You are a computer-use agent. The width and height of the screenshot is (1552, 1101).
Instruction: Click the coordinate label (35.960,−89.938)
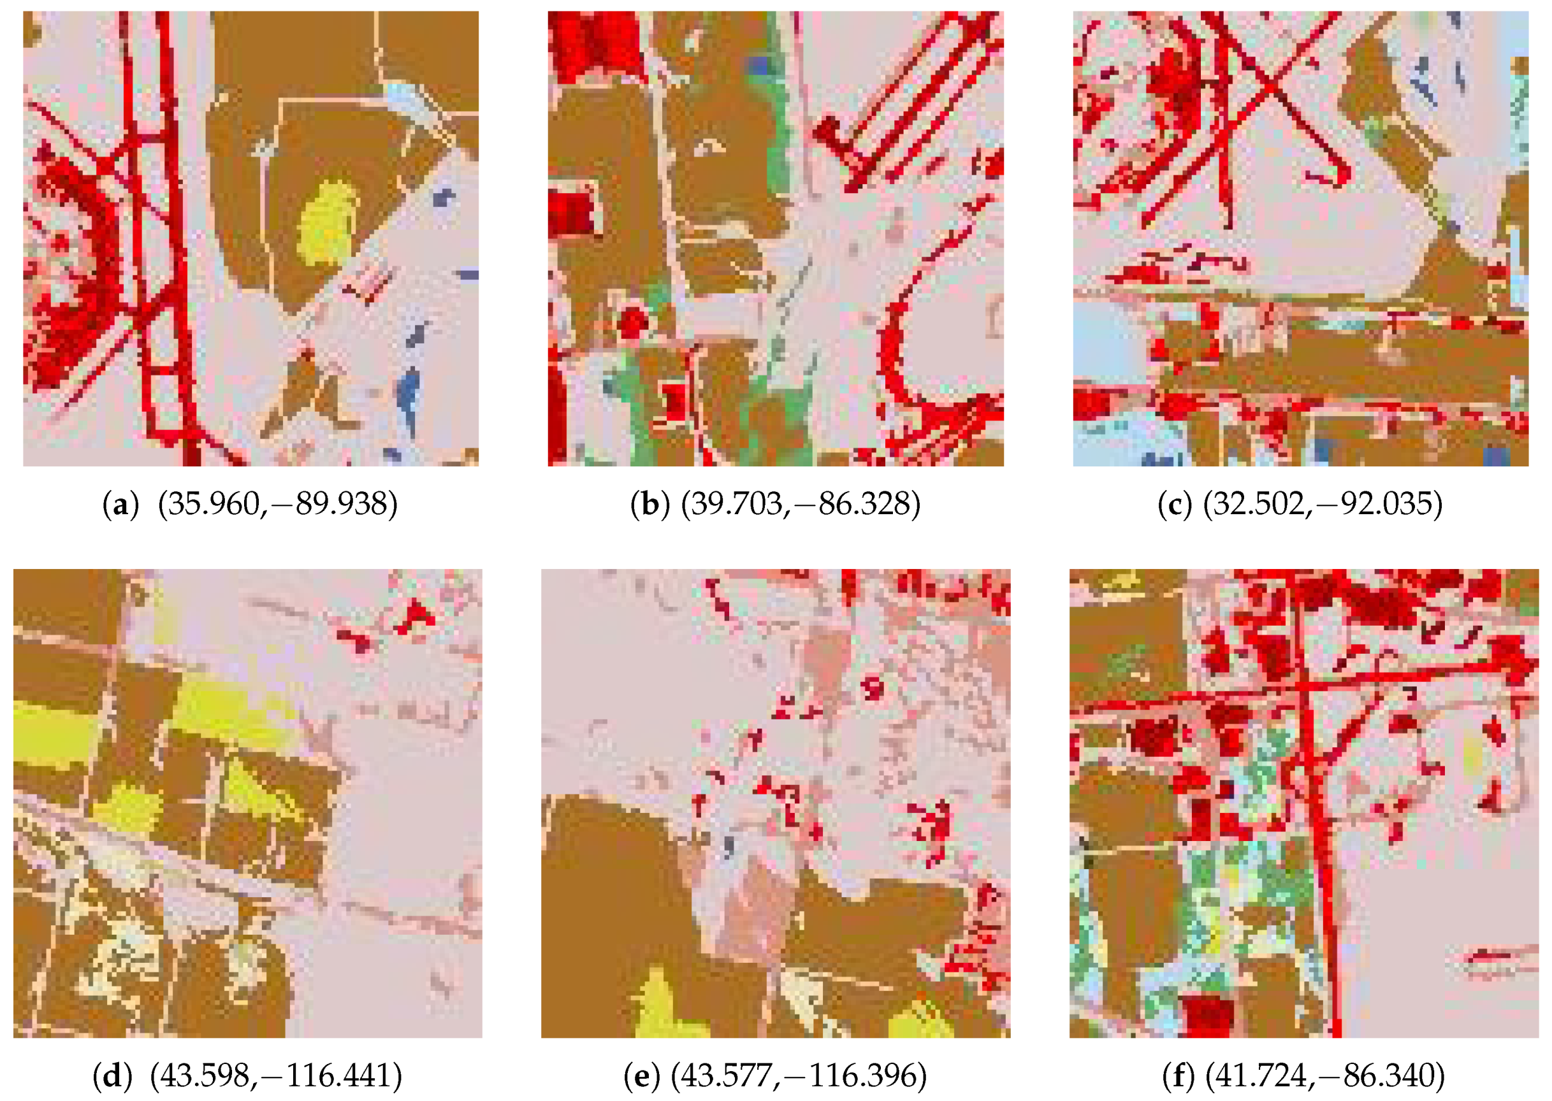click(x=277, y=505)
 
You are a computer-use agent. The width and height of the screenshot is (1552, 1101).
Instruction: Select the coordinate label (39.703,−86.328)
click(x=801, y=505)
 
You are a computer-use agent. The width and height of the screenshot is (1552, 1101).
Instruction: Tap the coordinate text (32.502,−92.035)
click(x=1323, y=505)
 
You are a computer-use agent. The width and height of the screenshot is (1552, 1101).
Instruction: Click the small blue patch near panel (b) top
click(x=762, y=66)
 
